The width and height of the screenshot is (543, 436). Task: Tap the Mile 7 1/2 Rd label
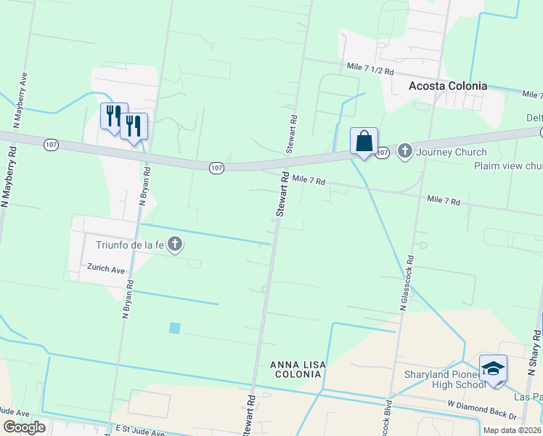pos(370,70)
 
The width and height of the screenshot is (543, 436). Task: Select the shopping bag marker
pos(364,142)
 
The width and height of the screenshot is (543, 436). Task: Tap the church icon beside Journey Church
pos(405,152)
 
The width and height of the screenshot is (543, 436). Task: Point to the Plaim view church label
pos(508,166)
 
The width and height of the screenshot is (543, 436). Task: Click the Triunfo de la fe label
pos(127,245)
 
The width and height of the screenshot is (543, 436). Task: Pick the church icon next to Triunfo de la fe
pos(174,245)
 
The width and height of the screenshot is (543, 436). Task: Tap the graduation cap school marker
pos(493,369)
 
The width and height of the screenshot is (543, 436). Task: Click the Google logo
pos(23,427)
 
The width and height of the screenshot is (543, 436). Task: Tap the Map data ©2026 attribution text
pos(512,430)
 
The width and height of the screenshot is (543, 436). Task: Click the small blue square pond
pos(174,328)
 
